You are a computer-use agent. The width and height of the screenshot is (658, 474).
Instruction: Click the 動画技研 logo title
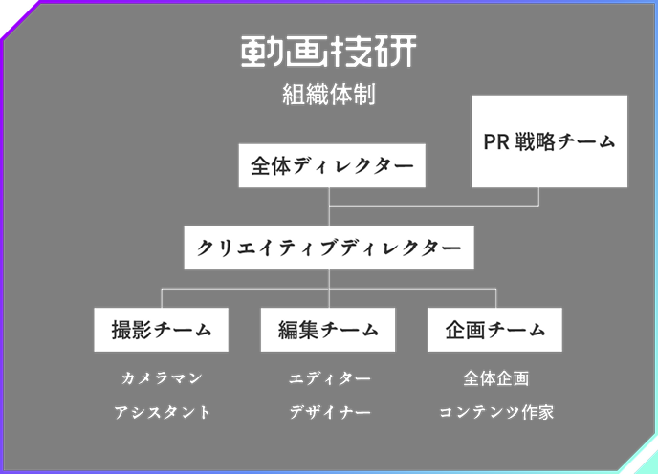click(328, 53)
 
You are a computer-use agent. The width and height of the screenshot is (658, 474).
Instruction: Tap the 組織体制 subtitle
click(328, 96)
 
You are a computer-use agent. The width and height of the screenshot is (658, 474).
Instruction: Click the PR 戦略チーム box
click(549, 140)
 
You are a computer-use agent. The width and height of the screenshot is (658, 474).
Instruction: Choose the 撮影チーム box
click(162, 330)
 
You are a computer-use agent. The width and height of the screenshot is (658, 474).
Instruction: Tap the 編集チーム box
click(329, 330)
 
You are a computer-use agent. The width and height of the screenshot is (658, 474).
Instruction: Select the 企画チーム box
click(494, 330)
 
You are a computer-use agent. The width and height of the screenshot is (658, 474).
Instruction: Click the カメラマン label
click(162, 378)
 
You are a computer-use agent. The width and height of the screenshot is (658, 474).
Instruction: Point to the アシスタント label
click(162, 413)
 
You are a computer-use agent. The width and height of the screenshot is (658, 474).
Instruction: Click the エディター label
click(329, 378)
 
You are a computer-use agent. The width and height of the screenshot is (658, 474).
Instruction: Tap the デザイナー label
click(329, 413)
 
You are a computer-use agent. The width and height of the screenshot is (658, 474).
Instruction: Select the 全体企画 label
click(495, 378)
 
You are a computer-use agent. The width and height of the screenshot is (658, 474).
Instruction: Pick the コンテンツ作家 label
click(495, 413)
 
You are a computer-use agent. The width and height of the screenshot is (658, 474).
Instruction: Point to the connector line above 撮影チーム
click(162, 297)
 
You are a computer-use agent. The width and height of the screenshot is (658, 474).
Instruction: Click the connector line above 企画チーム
click(494, 297)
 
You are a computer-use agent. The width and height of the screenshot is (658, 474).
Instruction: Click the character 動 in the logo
click(261, 53)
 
